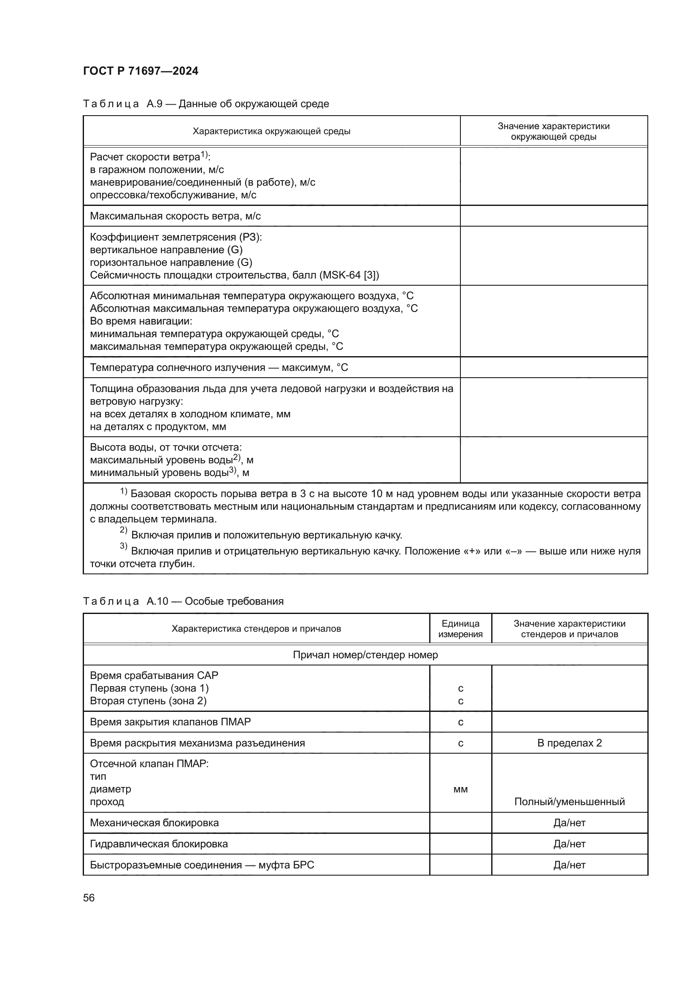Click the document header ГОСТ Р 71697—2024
[x=141, y=71]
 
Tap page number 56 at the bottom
[x=89, y=898]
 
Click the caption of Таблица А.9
[x=206, y=104]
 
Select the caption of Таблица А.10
[x=183, y=601]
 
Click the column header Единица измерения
[x=460, y=628]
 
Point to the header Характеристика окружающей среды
[x=271, y=131]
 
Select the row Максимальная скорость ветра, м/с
[x=176, y=216]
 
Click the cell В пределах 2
[x=569, y=743]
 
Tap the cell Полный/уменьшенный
[x=569, y=801]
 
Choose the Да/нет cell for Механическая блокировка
[x=569, y=822]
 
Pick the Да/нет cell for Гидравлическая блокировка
[x=569, y=844]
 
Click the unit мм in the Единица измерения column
[x=460, y=789]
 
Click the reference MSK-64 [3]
[x=349, y=275]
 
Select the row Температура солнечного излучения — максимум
[x=219, y=368]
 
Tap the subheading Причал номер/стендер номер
[x=365, y=655]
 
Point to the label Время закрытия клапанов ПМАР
[x=170, y=722]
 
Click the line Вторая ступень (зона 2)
[x=148, y=701]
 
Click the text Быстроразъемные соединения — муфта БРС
[x=202, y=865]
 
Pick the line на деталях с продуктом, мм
[x=158, y=427]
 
